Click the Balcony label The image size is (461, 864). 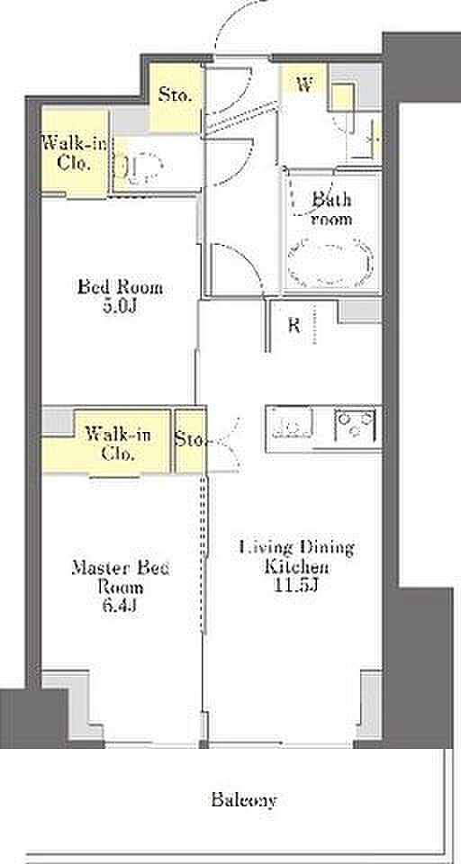click(x=244, y=799)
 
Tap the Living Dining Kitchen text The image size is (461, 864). click(x=296, y=557)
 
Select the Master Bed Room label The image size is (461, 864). click(x=121, y=577)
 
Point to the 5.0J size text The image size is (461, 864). click(x=121, y=306)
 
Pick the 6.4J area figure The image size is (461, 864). click(x=121, y=606)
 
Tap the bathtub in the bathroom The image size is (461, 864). click(x=330, y=262)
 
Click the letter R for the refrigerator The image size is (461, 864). click(x=294, y=326)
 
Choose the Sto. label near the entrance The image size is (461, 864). click(x=176, y=94)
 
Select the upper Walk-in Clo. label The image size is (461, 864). click(x=75, y=154)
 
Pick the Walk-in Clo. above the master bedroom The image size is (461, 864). click(x=117, y=444)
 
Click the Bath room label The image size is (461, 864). click(x=331, y=208)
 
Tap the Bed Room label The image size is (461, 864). click(x=121, y=287)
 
